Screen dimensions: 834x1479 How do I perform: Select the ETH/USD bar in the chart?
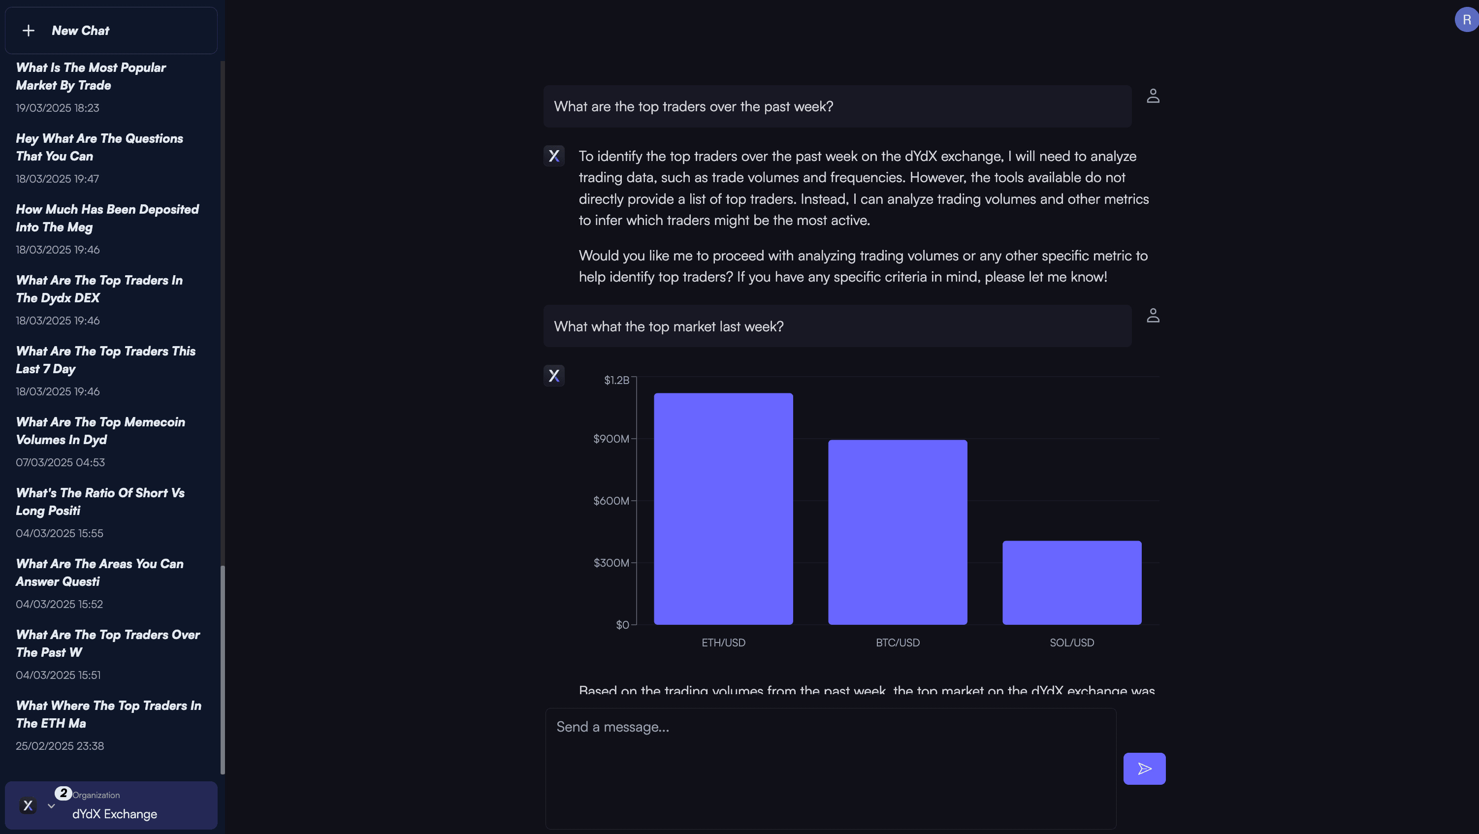723,509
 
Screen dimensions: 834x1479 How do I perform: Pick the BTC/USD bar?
897,532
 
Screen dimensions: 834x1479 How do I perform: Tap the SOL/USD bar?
1071,582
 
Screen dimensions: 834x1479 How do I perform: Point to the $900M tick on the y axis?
611,439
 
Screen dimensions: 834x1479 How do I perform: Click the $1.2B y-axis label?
616,380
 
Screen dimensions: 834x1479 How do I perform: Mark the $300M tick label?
611,563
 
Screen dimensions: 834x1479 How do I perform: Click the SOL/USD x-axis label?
1071,642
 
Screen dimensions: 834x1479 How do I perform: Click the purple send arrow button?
1144,769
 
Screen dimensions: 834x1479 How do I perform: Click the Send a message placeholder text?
612,727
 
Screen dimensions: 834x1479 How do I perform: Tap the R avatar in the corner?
1466,20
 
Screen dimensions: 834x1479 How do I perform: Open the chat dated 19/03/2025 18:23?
92,86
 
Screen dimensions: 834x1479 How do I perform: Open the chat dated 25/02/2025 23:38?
108,723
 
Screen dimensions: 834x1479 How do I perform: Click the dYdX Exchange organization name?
114,814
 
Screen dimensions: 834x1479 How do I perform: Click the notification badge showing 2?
63,793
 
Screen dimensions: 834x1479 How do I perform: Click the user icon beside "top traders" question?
1152,96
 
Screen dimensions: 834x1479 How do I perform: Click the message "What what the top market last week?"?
668,326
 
